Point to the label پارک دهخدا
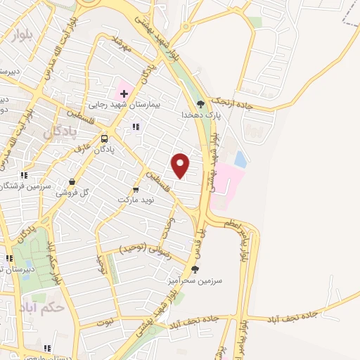[x=196, y=114]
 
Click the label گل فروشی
[x=74, y=193]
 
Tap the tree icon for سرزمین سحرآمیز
[x=195, y=269]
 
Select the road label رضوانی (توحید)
[x=141, y=248]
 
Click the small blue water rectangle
[x=240, y=160]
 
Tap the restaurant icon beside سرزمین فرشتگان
[x=23, y=175]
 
